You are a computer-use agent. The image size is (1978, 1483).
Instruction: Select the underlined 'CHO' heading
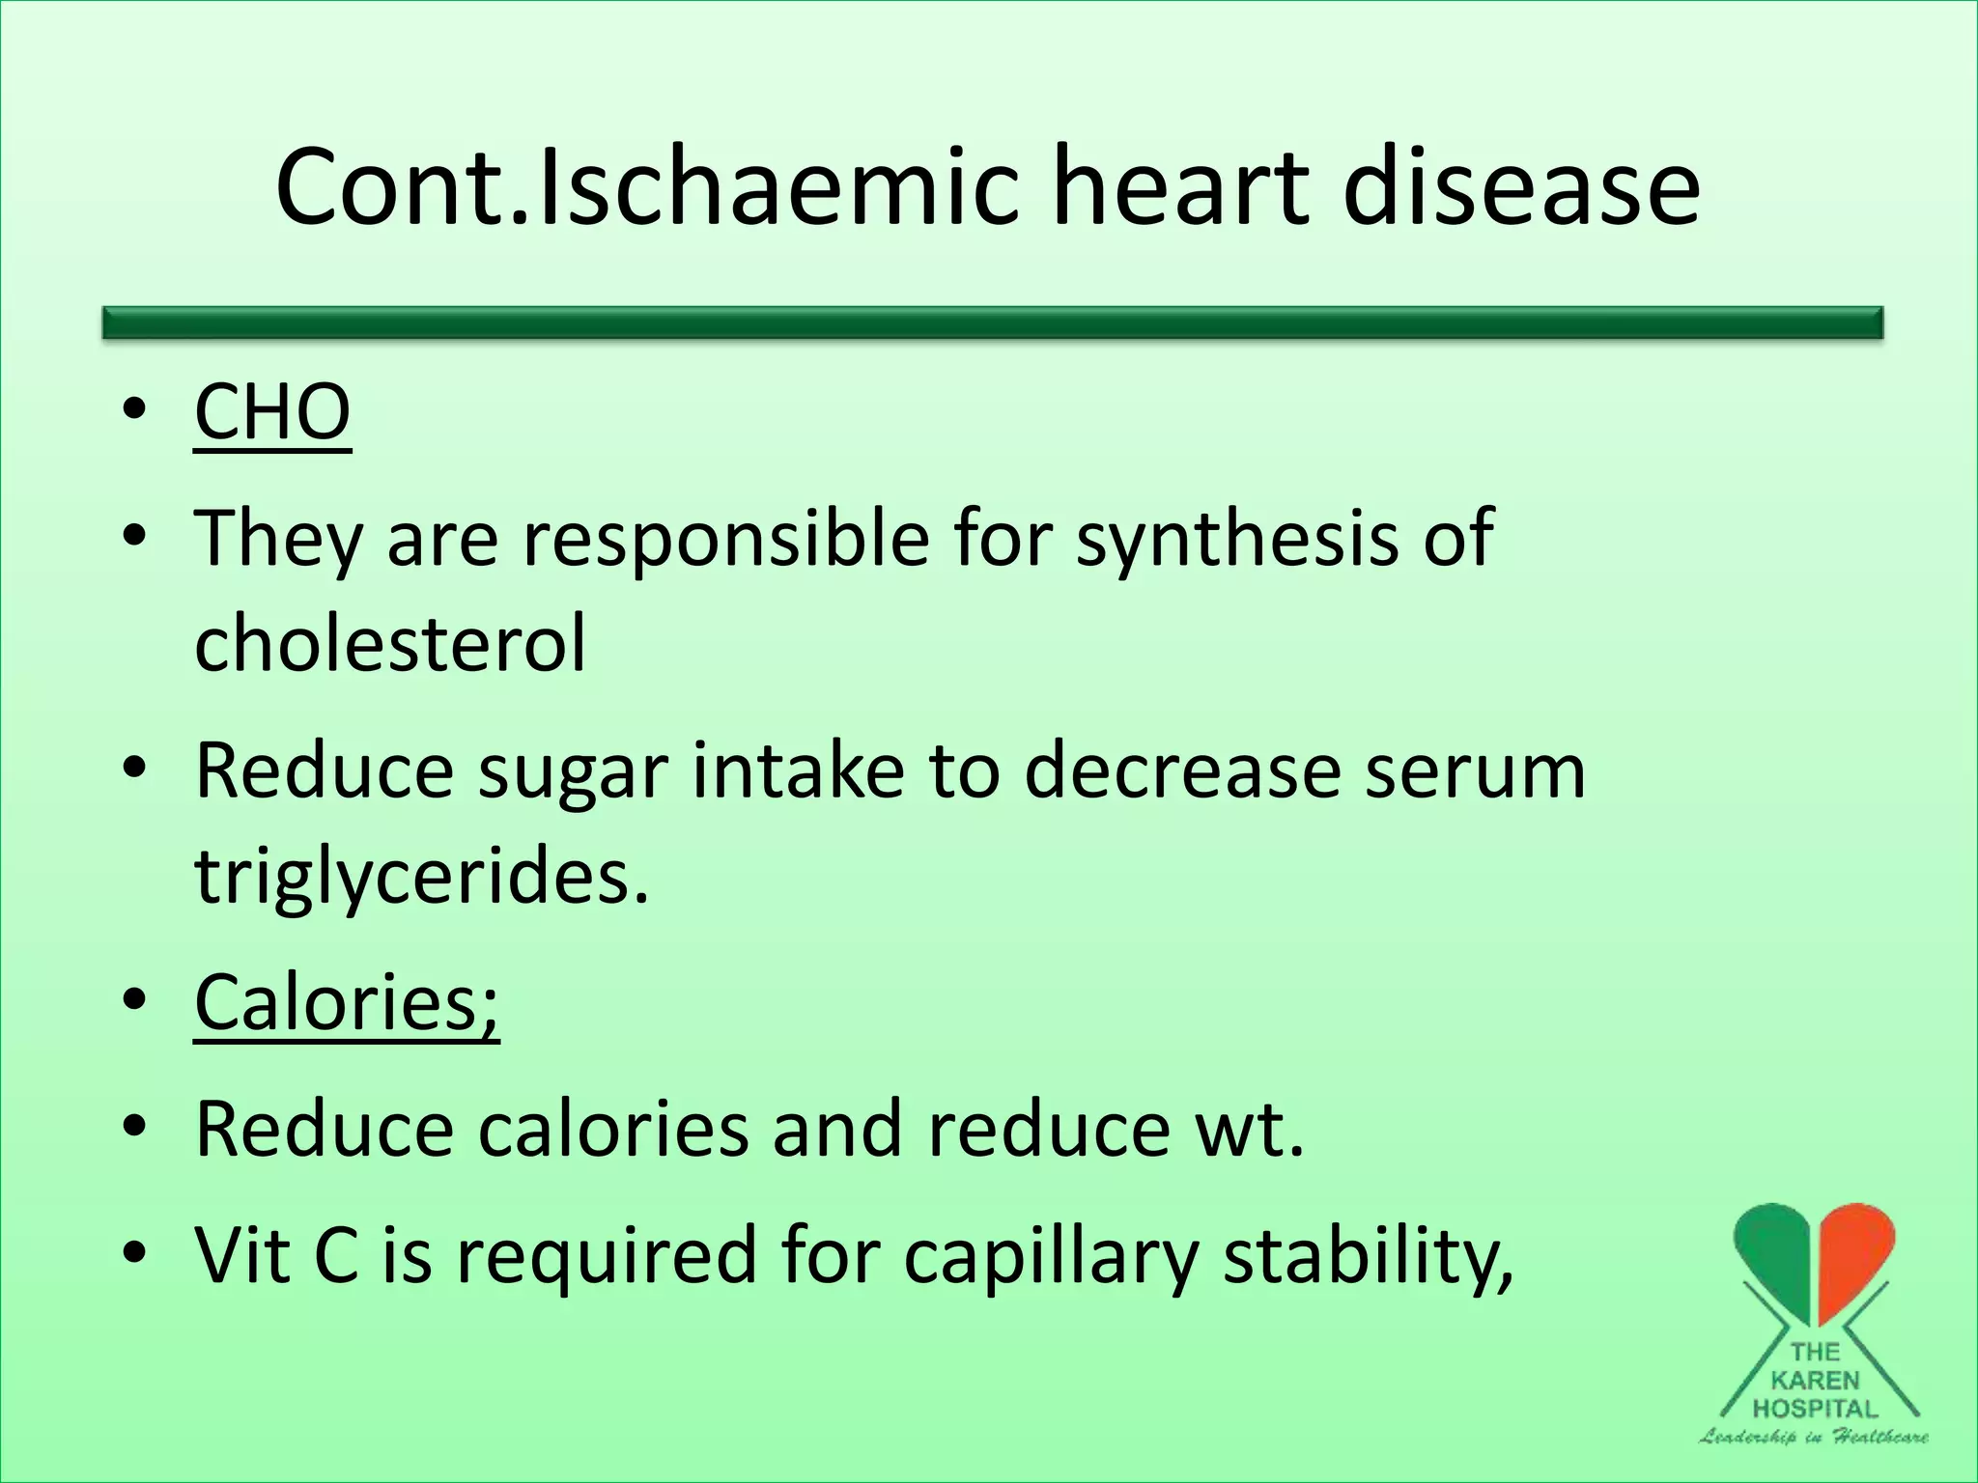click(x=272, y=412)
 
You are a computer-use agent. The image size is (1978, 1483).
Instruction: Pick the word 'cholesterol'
click(x=390, y=643)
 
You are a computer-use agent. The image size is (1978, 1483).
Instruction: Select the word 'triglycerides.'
click(x=421, y=877)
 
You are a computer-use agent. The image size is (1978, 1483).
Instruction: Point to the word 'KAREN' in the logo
click(x=1816, y=1381)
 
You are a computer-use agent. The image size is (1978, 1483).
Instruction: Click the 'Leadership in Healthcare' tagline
click(x=1814, y=1436)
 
